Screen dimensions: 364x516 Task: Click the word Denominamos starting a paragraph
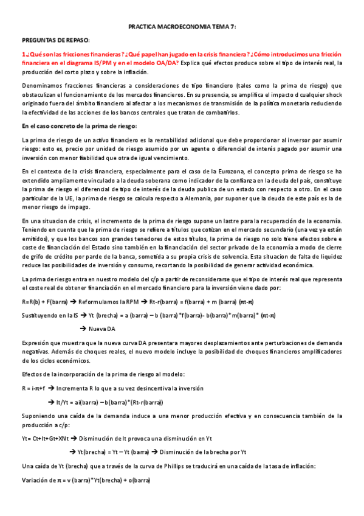[x=41, y=86]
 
